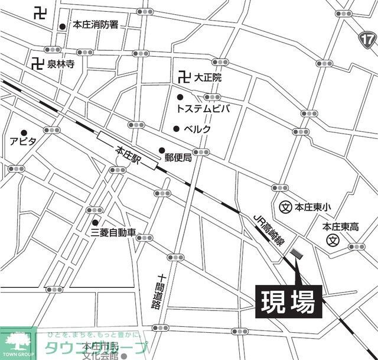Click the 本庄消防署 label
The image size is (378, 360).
(x=96, y=25)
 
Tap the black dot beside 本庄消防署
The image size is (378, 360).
(x=62, y=26)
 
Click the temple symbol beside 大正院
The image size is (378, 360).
(x=183, y=77)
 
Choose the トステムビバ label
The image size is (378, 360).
(x=203, y=109)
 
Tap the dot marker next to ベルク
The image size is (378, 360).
(x=176, y=129)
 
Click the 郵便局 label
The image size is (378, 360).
(x=178, y=157)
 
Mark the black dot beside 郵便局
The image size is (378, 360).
(x=162, y=150)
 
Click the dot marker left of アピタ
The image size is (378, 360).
(x=24, y=132)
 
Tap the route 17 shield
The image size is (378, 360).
(x=367, y=40)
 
